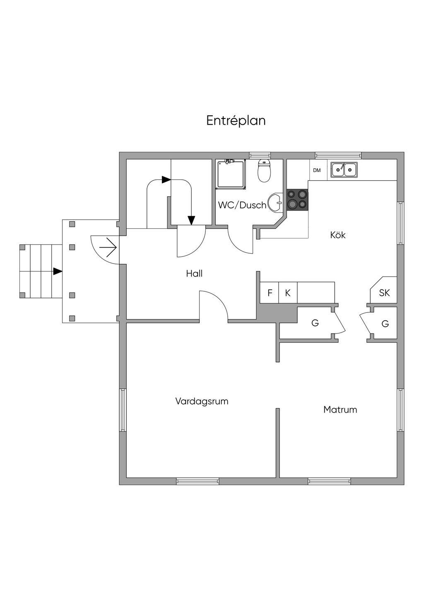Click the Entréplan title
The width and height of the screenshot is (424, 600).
(236, 121)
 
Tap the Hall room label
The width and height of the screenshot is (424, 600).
(194, 273)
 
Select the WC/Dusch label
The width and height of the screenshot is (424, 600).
(242, 205)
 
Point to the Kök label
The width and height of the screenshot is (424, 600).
(338, 235)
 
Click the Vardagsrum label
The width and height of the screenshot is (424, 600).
(202, 401)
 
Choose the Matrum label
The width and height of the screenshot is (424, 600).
(340, 410)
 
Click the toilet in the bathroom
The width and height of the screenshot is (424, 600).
(264, 172)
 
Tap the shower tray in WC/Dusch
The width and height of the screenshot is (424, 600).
(231, 174)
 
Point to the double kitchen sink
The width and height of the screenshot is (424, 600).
(344, 169)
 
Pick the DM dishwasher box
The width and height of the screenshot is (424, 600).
(317, 170)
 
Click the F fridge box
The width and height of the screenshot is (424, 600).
(270, 293)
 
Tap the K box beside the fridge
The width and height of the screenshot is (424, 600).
(288, 293)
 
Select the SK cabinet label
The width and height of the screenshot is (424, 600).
(384, 293)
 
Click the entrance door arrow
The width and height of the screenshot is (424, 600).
(108, 247)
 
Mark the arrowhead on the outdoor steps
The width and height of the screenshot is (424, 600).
(58, 271)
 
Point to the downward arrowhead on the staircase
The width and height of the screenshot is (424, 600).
(191, 220)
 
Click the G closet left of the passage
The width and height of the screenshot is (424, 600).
(315, 323)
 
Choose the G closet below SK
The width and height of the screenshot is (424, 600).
(385, 324)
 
